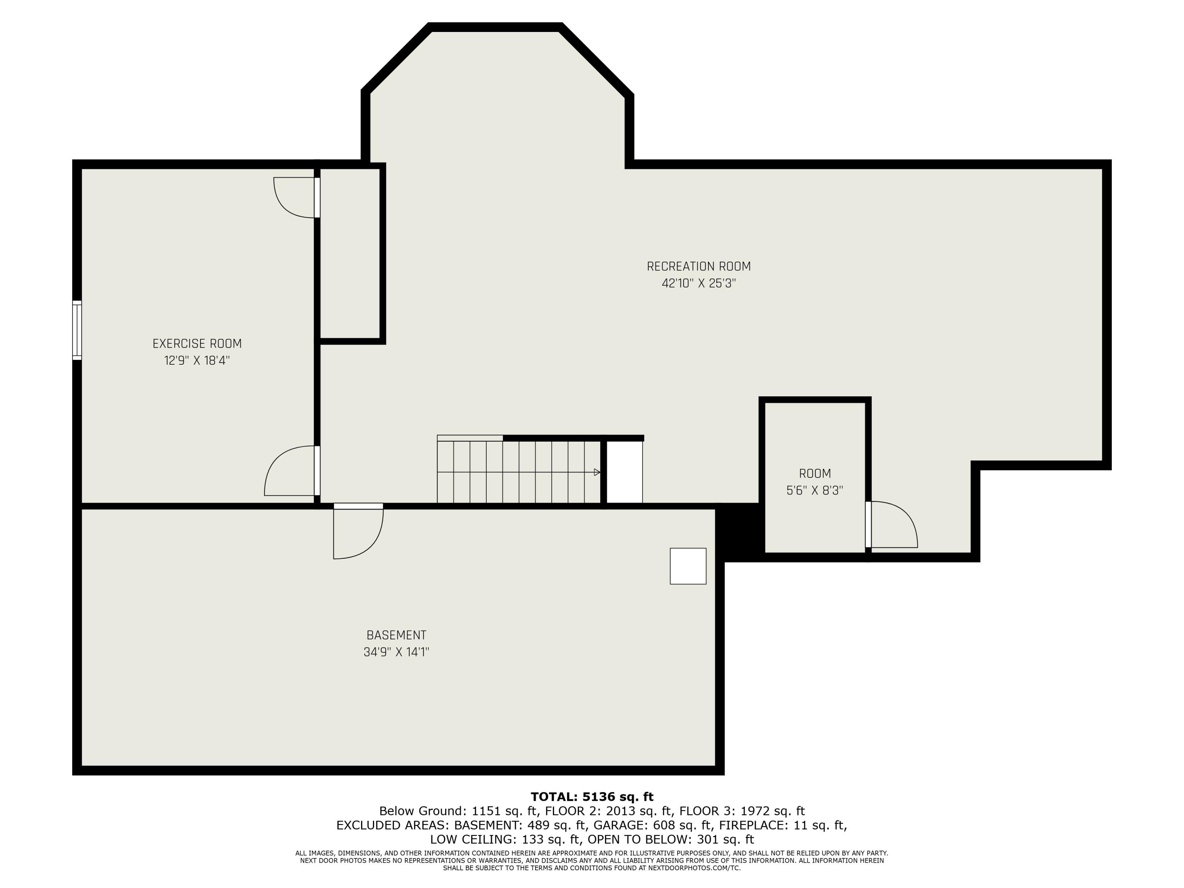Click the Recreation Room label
(x=698, y=266)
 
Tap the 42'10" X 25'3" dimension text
(x=698, y=283)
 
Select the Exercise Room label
(x=197, y=344)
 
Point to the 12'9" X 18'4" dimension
(x=197, y=360)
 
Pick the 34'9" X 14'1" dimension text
(x=396, y=652)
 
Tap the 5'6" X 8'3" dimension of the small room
(x=814, y=490)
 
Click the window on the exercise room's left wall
(x=77, y=330)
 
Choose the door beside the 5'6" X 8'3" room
(x=891, y=525)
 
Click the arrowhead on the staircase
(x=597, y=472)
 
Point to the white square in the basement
(x=688, y=566)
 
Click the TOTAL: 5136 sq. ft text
(x=592, y=797)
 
